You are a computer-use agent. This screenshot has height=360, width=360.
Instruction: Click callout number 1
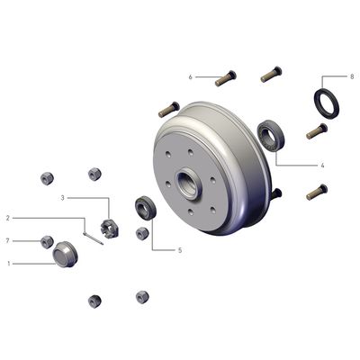pyautogui.click(x=8, y=264)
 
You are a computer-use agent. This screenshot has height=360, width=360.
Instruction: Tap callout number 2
pyautogui.click(x=8, y=218)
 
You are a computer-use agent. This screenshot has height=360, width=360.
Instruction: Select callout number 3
pyautogui.click(x=63, y=197)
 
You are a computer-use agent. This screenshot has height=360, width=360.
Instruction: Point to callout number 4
pyautogui.click(x=321, y=166)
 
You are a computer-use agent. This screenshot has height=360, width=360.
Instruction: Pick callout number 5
pyautogui.click(x=179, y=250)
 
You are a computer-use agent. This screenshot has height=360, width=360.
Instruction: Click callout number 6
pyautogui.click(x=191, y=77)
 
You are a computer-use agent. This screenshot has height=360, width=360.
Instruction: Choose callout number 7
pyautogui.click(x=8, y=240)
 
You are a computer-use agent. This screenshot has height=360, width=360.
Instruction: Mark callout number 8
pyautogui.click(x=351, y=76)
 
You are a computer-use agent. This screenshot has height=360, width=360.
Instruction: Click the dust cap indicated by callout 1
pyautogui.click(x=64, y=254)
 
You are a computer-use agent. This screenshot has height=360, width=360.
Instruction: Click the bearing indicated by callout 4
pyautogui.click(x=271, y=134)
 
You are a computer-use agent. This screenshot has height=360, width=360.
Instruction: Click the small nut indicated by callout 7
pyautogui.click(x=47, y=240)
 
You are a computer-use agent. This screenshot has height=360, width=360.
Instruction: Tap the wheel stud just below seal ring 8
pyautogui.click(x=317, y=130)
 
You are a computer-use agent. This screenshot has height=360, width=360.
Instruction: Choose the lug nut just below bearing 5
pyautogui.click(x=141, y=234)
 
